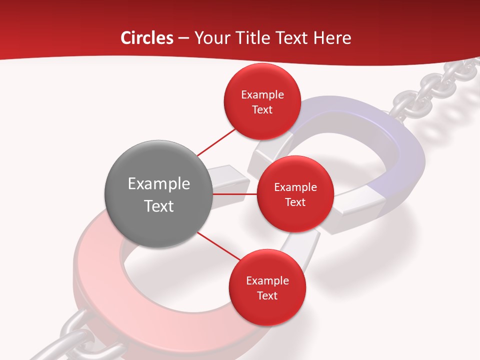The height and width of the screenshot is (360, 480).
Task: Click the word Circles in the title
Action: coord(147,38)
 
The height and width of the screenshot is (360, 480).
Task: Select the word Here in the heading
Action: coord(332,38)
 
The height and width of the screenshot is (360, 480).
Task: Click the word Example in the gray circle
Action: coord(159,184)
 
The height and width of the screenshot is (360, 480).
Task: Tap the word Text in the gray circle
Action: coord(159,206)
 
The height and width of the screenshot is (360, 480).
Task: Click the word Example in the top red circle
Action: coord(262,95)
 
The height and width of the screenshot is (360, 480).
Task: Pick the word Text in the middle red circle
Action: coord(295,202)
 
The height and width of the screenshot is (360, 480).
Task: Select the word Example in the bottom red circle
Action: coord(267,281)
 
